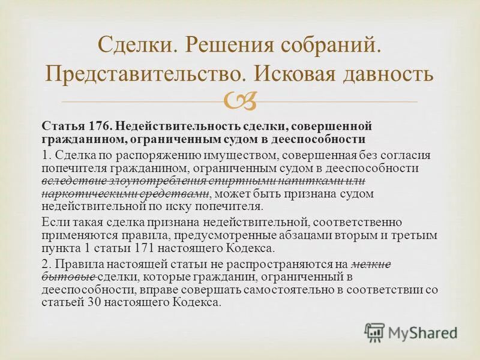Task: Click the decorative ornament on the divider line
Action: (x=240, y=102)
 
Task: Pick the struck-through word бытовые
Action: (x=69, y=277)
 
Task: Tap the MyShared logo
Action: (x=412, y=332)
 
